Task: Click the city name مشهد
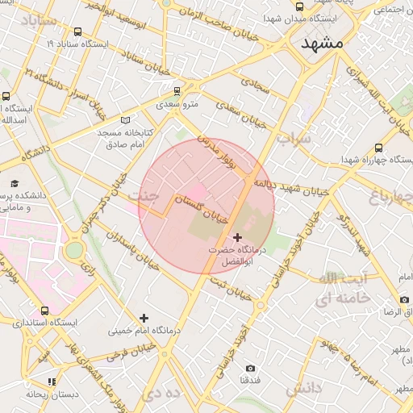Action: [x=323, y=44]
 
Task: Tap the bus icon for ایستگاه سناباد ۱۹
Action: [x=77, y=32]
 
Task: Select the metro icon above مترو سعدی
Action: [x=177, y=91]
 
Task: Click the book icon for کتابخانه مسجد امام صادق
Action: [x=124, y=119]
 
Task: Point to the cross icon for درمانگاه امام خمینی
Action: [x=144, y=319]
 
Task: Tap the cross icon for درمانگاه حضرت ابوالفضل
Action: [x=236, y=237]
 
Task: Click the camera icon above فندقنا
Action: [x=250, y=368]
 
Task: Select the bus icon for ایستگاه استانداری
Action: [x=44, y=310]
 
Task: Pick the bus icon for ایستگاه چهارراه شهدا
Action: [x=378, y=148]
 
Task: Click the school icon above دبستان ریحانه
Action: [x=52, y=382]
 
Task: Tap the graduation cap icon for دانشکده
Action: [x=15, y=184]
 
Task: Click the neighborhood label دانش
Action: [x=303, y=390]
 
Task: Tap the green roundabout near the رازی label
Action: [x=73, y=250]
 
